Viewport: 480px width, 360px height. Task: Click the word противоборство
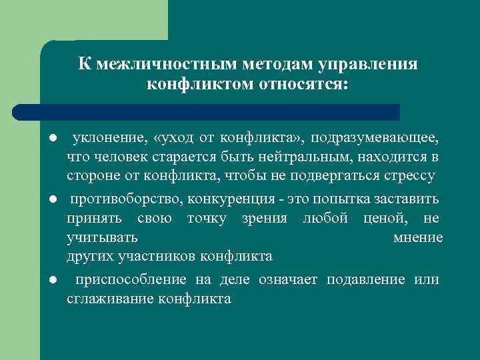coord(126,199)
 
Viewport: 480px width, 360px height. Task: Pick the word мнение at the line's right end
coord(418,237)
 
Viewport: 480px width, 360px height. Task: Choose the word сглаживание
coord(111,299)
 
